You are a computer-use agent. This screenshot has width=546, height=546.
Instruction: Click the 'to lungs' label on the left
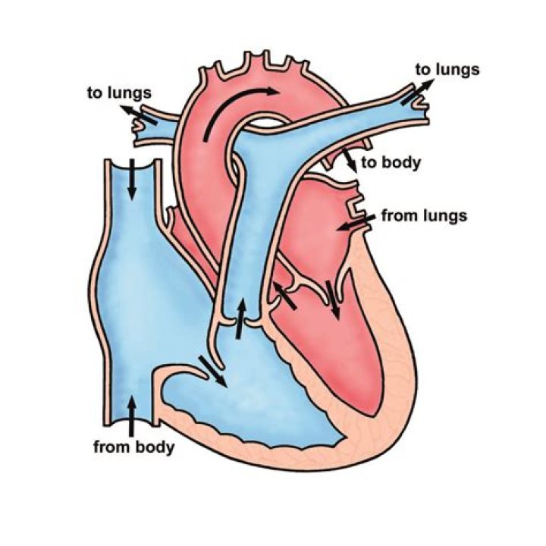(120, 94)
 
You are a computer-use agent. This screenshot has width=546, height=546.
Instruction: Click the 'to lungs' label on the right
(447, 70)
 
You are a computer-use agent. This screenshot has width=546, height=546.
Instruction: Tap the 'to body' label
(391, 162)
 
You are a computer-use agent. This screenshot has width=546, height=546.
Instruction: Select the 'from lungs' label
(423, 216)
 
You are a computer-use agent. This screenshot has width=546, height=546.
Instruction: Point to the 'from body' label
(133, 446)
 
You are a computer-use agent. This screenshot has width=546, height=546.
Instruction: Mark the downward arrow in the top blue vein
(132, 179)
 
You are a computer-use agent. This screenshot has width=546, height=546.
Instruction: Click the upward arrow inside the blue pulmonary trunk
(240, 317)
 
